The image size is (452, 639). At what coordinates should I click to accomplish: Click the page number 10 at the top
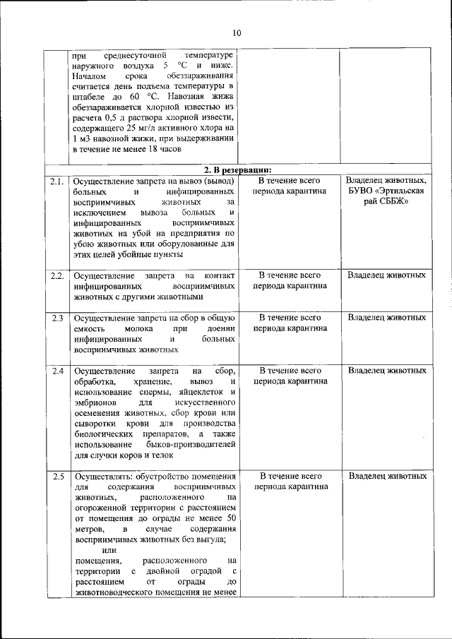236,33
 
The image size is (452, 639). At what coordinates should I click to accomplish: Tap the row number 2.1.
57,181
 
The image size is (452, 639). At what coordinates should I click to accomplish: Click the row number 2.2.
57,275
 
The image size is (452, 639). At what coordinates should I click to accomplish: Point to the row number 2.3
57,318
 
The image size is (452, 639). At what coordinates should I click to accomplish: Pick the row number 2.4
57,371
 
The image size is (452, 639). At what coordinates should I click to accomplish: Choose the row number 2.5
57,477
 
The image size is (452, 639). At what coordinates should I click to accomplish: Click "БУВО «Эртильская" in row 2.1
386,192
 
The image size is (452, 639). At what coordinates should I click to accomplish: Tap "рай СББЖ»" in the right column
386,203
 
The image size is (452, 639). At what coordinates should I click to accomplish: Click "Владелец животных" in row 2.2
386,275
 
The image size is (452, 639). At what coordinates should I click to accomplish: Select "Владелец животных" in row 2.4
386,371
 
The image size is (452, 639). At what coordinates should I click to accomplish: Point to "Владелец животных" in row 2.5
386,477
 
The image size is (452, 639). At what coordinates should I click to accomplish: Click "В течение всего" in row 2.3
290,318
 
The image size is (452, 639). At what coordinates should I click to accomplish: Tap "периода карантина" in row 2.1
290,192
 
